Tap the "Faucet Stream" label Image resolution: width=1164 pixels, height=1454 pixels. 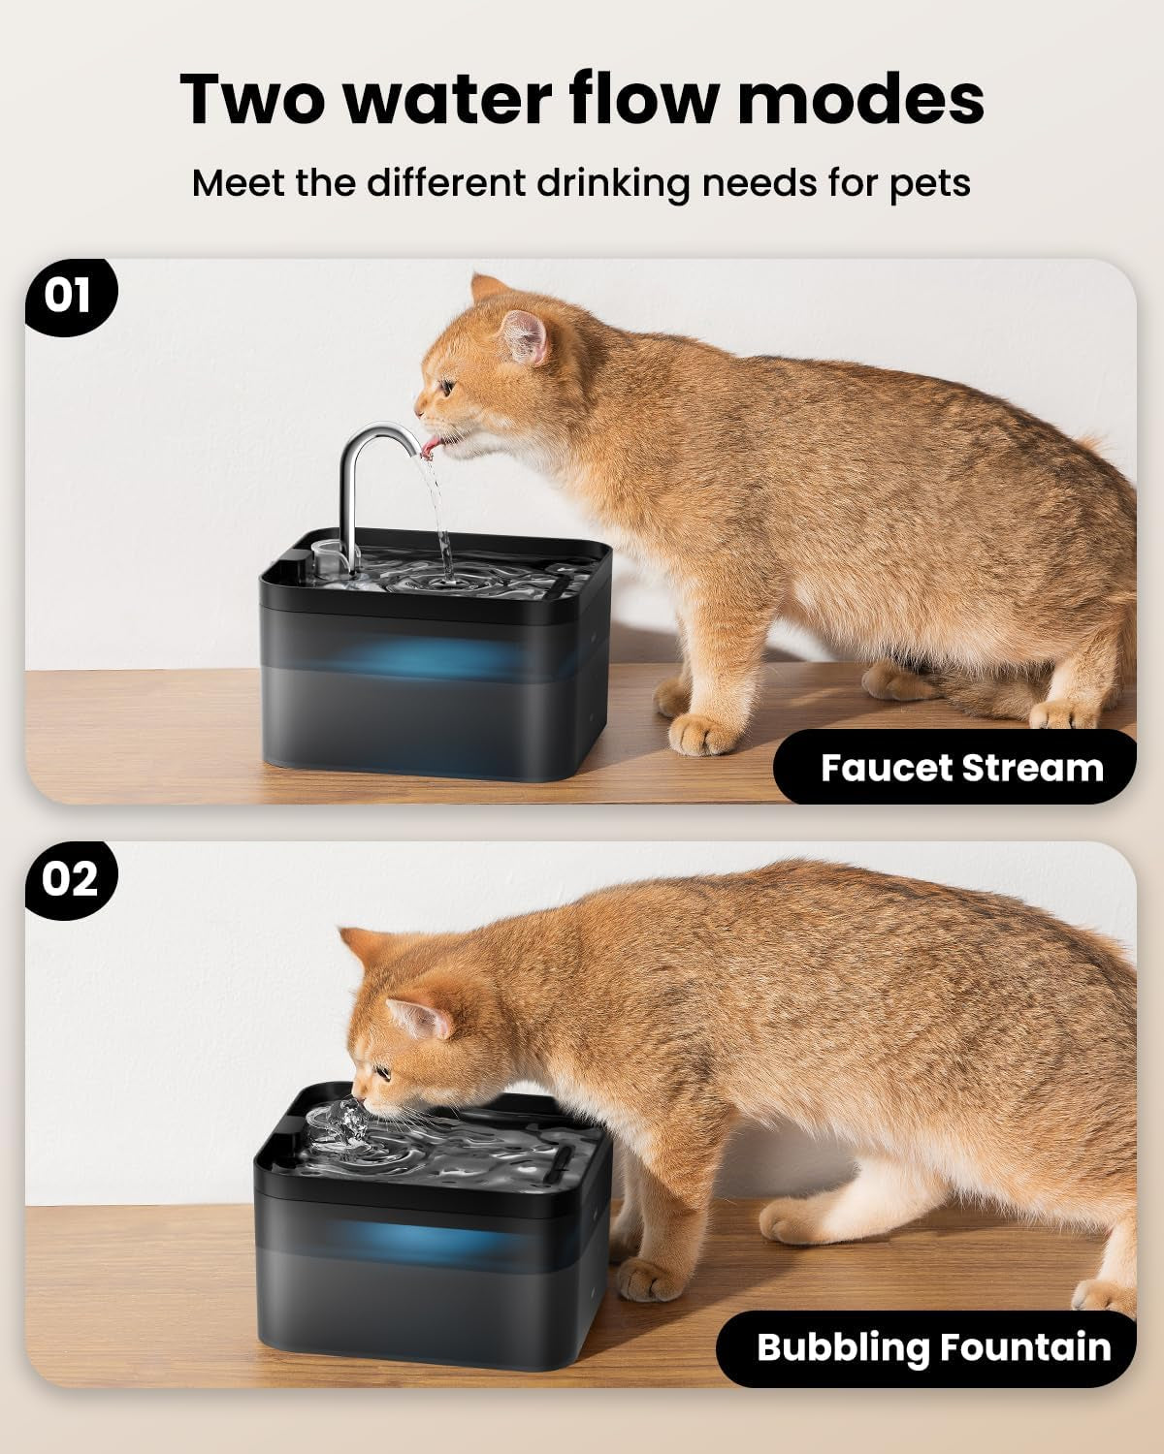960,768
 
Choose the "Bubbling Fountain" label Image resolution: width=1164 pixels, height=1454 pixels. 932,1347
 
